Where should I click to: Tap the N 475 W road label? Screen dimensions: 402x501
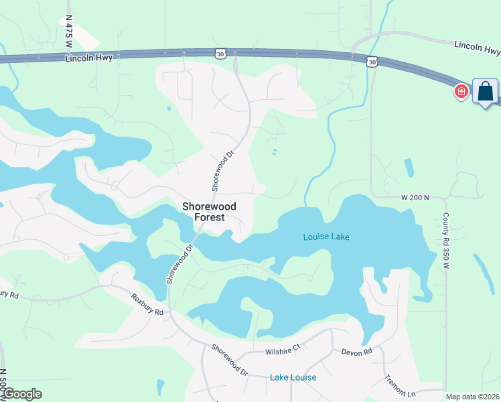coord(68,32)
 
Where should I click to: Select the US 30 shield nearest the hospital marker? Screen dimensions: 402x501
coord(372,62)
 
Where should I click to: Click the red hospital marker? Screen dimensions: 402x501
coord(461,91)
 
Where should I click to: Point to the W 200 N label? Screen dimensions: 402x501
coord(415,198)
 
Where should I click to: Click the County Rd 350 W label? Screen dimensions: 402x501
coord(445,241)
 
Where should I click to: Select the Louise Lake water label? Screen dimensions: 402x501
coord(326,237)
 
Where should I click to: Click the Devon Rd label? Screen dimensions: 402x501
coord(356,352)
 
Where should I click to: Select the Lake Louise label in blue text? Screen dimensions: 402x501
coord(293,377)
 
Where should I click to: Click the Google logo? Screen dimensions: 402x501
coord(22,394)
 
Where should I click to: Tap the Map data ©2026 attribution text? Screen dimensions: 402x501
coord(472,397)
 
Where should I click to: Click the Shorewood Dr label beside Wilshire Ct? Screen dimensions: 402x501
coord(229,359)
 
